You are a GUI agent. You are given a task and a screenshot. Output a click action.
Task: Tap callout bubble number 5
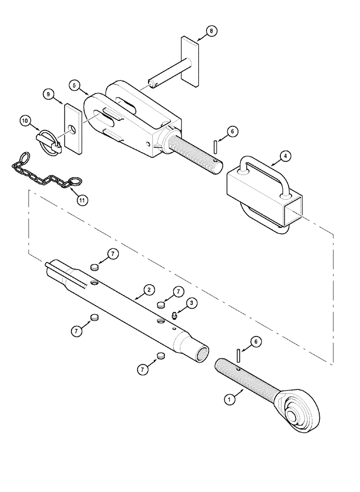point(75,85)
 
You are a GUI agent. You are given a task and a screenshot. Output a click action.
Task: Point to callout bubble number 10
point(25,121)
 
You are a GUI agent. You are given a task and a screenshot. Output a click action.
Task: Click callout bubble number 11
point(82,200)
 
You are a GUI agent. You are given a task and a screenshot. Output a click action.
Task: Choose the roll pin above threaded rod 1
point(238,354)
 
